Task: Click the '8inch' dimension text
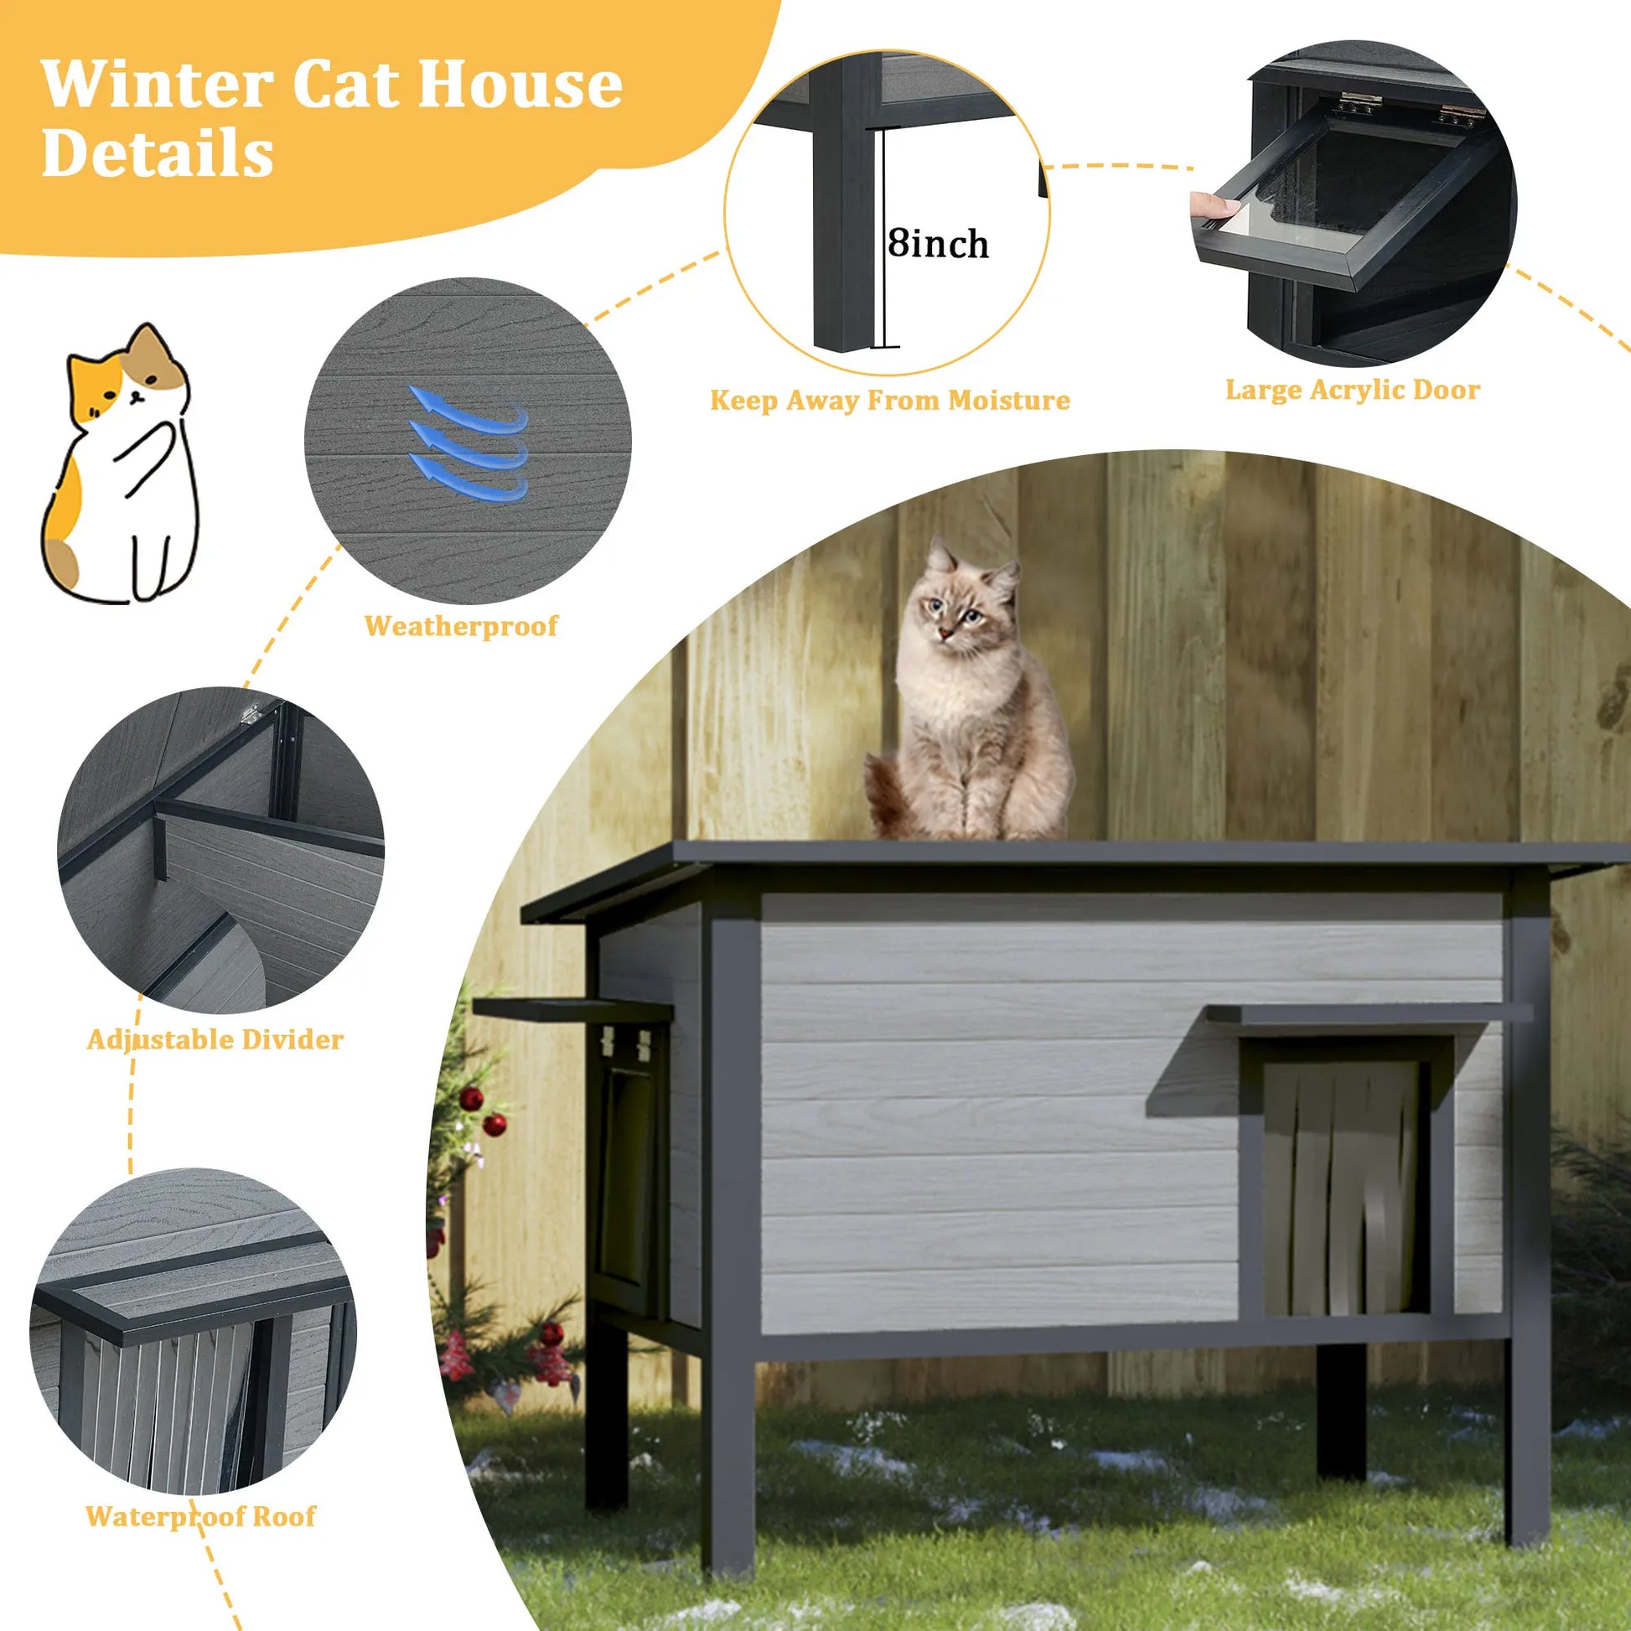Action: coord(938,244)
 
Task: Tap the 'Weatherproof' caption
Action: coord(461,625)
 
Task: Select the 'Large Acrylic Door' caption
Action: coord(1353,390)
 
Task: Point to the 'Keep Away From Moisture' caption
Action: coord(890,399)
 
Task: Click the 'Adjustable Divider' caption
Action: coord(215,1039)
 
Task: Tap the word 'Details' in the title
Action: coord(157,153)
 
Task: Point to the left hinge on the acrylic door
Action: coord(1359,106)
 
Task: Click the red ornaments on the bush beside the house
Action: coord(483,1111)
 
